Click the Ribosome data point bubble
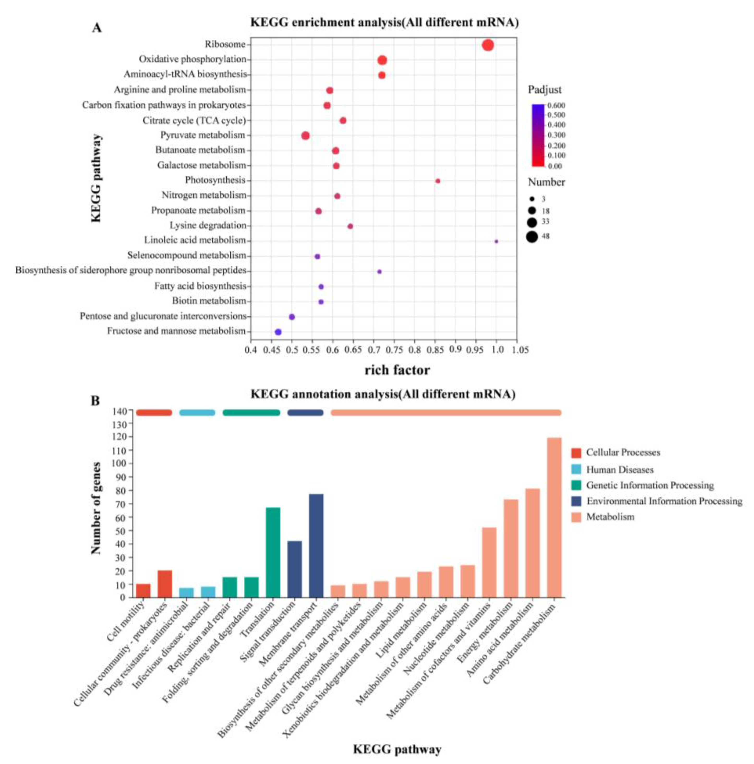coord(488,45)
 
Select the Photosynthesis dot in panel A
coord(438,181)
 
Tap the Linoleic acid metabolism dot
coord(496,241)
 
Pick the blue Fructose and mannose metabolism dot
coord(278,332)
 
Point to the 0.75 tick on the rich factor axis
coord(394,350)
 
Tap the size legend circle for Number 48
coord(532,237)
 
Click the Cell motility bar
coord(143,590)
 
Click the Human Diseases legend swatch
coord(576,469)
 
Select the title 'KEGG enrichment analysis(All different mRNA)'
coord(384,22)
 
